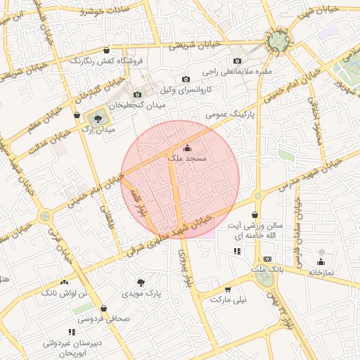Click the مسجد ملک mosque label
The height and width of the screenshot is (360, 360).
(187, 160)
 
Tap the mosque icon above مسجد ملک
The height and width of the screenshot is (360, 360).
(187, 148)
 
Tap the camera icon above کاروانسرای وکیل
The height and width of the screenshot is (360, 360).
(186, 79)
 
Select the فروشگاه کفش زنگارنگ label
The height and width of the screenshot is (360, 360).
(106, 60)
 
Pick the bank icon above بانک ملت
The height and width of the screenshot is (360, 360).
(266, 259)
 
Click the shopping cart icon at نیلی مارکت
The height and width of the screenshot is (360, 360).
(227, 289)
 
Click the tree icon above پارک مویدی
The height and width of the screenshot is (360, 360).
(141, 282)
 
